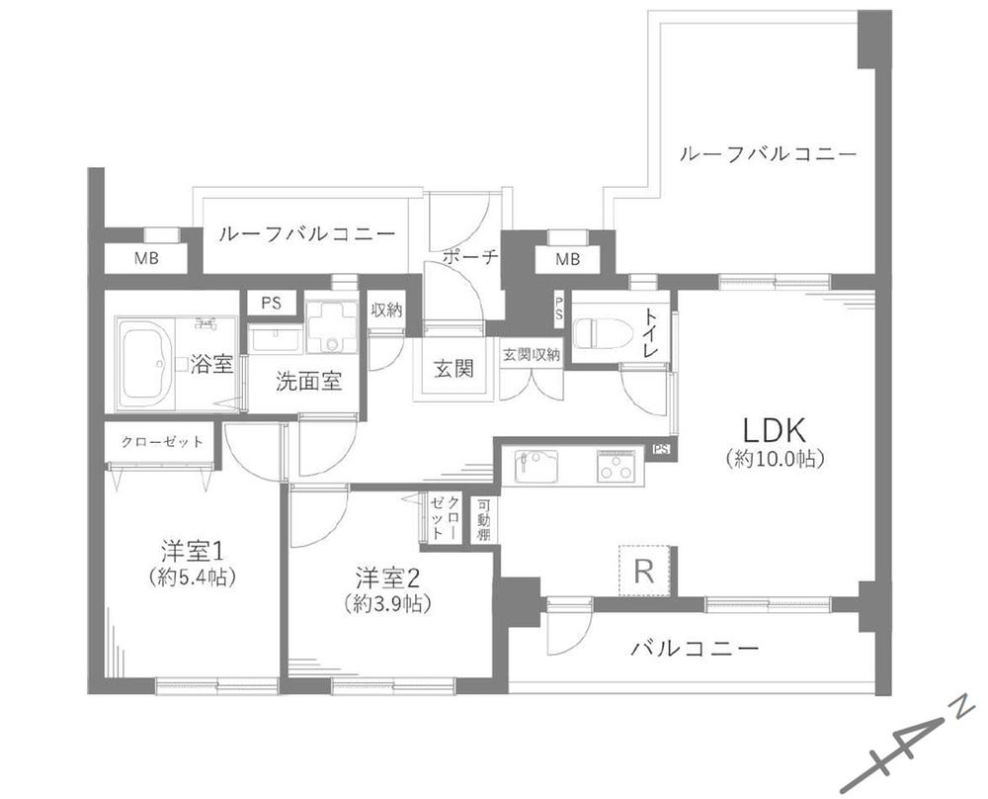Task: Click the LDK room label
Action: point(775,430)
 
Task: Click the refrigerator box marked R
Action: point(643,571)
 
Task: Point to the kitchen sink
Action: point(536,467)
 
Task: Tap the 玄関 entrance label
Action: point(453,368)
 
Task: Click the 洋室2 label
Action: point(387,578)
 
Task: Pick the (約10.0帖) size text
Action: point(775,459)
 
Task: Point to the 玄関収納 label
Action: point(532,354)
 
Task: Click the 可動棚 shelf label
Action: point(484,521)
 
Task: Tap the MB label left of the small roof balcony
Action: point(146,258)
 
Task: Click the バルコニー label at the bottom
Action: point(695,648)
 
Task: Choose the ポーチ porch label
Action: point(470,257)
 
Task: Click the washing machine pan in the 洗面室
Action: point(331,326)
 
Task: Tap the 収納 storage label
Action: point(386,311)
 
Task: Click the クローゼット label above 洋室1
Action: point(162,441)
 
